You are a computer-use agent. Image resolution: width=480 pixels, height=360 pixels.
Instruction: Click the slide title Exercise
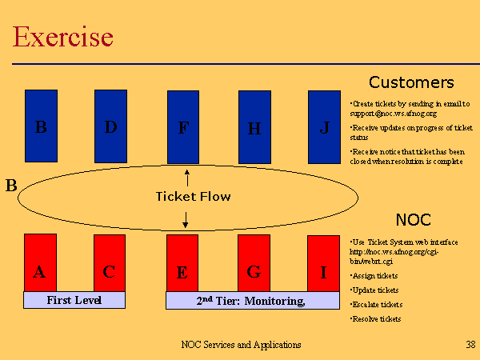tap(63, 37)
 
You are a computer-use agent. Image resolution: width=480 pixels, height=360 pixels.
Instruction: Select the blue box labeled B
tap(41, 126)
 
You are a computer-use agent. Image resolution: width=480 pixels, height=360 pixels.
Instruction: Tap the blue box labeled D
tap(110, 126)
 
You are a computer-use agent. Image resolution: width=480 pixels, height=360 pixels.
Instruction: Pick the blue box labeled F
tap(183, 127)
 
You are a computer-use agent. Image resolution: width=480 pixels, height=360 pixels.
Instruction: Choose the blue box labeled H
tap(254, 127)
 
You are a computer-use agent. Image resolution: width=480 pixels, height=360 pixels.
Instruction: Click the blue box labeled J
tap(324, 126)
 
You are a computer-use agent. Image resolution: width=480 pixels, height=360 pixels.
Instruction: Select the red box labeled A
tap(40, 262)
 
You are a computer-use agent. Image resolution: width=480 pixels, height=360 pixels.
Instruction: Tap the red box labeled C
tap(110, 262)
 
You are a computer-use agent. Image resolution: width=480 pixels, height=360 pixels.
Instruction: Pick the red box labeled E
tap(182, 263)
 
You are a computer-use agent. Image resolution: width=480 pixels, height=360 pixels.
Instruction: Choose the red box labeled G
tap(254, 263)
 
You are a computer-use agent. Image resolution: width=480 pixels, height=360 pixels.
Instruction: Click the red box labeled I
tap(323, 263)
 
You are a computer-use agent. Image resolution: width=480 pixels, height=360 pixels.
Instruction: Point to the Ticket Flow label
tap(193, 196)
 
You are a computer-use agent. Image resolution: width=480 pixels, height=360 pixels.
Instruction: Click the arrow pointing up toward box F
tap(186, 177)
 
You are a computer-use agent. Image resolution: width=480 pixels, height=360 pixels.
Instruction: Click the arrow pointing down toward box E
tap(186, 218)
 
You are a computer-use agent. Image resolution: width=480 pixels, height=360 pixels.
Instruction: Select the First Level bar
tap(74, 300)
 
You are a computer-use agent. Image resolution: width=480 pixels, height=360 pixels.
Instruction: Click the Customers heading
tap(411, 82)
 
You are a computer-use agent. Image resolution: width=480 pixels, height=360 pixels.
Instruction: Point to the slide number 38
tap(470, 345)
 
